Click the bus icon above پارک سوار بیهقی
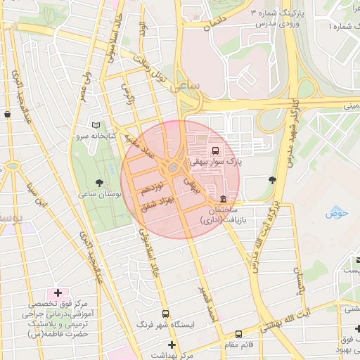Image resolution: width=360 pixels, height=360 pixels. (214, 150)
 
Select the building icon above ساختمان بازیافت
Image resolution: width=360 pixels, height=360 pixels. (223, 198)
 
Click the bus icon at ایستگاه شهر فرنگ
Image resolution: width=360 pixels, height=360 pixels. (166, 314)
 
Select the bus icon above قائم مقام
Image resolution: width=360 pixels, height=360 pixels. (239, 334)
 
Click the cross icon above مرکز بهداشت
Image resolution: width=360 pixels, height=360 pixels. (172, 345)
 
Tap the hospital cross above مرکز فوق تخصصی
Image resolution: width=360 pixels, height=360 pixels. (57, 292)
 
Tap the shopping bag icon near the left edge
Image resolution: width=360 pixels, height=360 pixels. (7, 113)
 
